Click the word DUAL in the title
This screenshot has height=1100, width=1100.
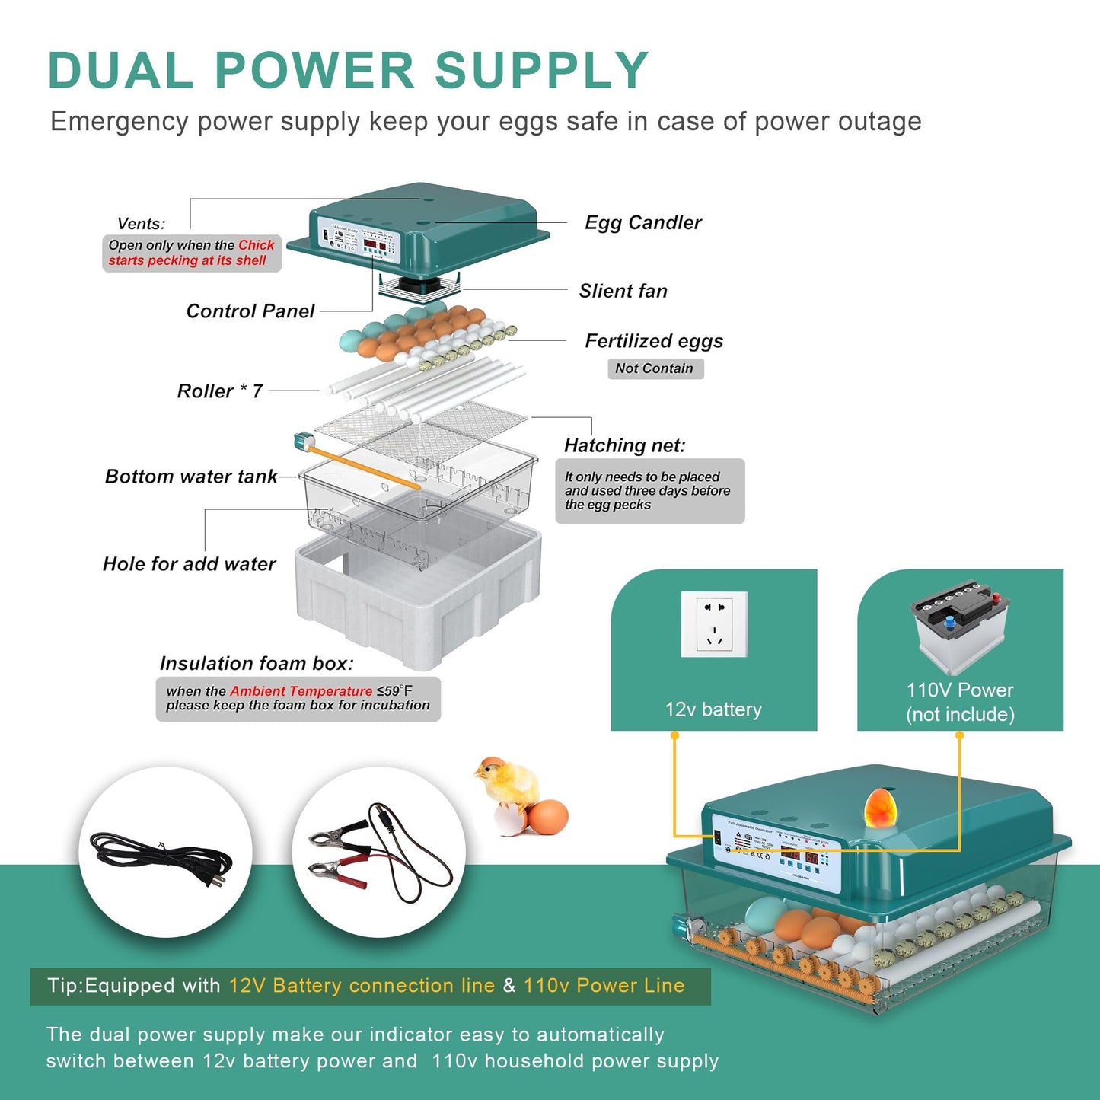pyautogui.click(x=120, y=71)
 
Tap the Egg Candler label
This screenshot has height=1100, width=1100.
pyautogui.click(x=642, y=222)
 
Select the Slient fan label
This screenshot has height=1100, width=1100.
pyautogui.click(x=623, y=291)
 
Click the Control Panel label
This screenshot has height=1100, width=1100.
pyautogui.click(x=250, y=311)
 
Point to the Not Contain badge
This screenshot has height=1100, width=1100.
pyautogui.click(x=655, y=368)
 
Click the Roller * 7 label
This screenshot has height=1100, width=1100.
pyautogui.click(x=219, y=391)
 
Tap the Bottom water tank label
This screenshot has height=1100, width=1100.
pyautogui.click(x=191, y=477)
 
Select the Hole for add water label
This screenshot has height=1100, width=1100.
pyautogui.click(x=189, y=564)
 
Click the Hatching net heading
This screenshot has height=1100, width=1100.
pyautogui.click(x=624, y=445)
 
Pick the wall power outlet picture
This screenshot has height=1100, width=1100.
pyautogui.click(x=714, y=624)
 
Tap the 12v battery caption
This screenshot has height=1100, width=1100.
pyautogui.click(x=713, y=709)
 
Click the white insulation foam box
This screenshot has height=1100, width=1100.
pyautogui.click(x=419, y=594)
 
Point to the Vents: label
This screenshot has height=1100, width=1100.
pyautogui.click(x=141, y=224)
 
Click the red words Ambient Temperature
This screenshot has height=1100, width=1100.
pyautogui.click(x=301, y=691)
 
